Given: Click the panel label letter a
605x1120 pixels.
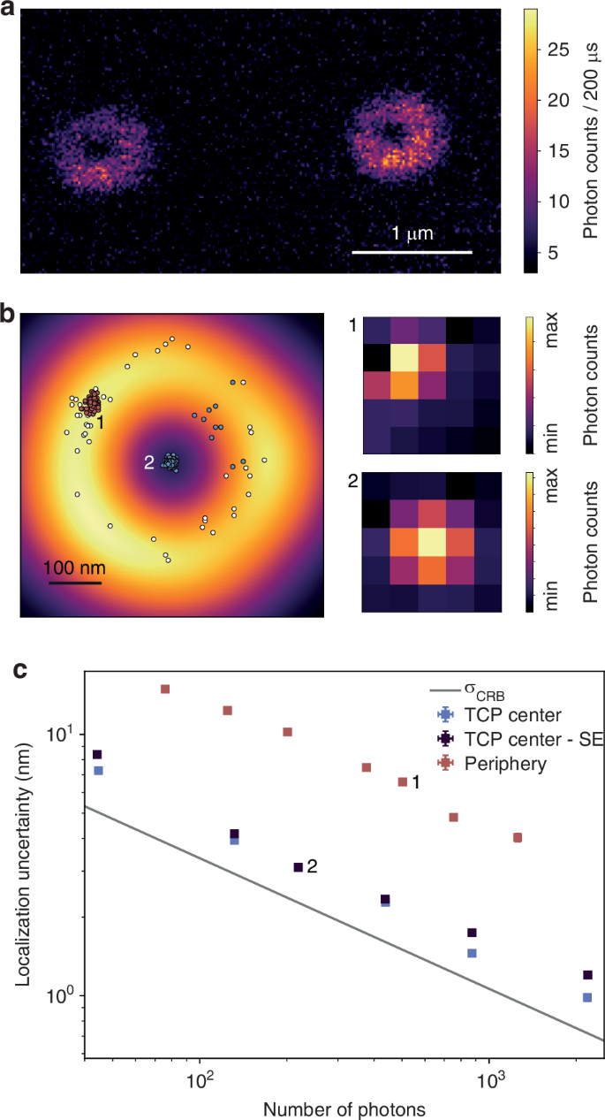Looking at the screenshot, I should click(x=9, y=11).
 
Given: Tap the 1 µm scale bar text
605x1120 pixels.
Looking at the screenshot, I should click(x=412, y=233).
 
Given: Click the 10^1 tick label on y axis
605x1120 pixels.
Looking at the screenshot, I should click(x=63, y=734).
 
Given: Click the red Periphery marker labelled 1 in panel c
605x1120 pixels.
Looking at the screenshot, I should click(x=403, y=781).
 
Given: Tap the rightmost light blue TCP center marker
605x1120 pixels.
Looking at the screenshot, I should click(x=586, y=997).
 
